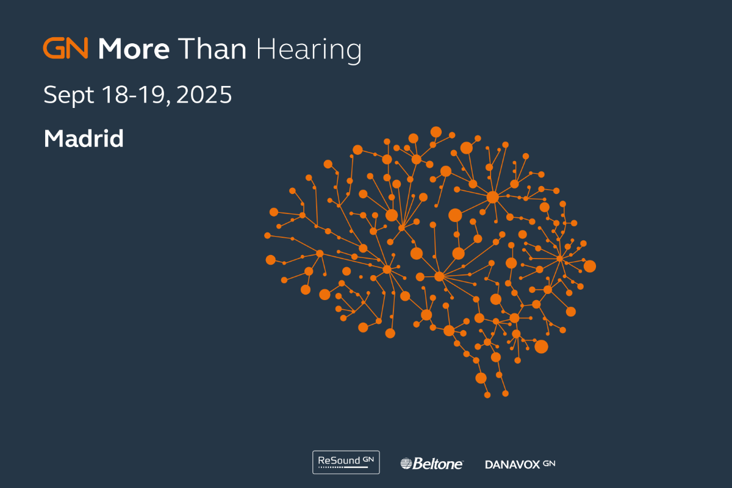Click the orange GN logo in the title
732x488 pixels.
[x=66, y=48]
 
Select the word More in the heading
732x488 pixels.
[x=134, y=49]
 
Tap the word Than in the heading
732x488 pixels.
[x=212, y=49]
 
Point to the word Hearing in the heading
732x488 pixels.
[x=309, y=51]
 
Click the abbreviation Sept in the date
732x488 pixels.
[x=68, y=95]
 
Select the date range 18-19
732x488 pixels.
[x=133, y=95]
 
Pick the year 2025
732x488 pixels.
[x=204, y=95]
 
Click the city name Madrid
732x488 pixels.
[x=84, y=138]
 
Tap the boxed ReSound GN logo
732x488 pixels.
[x=346, y=462]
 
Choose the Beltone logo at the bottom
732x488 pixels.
[x=432, y=464]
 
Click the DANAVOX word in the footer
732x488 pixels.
[x=512, y=464]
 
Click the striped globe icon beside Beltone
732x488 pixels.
[x=406, y=464]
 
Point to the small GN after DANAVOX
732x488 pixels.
[x=549, y=463]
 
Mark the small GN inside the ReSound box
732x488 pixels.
[x=368, y=459]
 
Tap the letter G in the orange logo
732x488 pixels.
[x=54, y=48]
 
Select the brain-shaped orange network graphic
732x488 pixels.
[x=430, y=262]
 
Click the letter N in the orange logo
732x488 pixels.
[x=77, y=48]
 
